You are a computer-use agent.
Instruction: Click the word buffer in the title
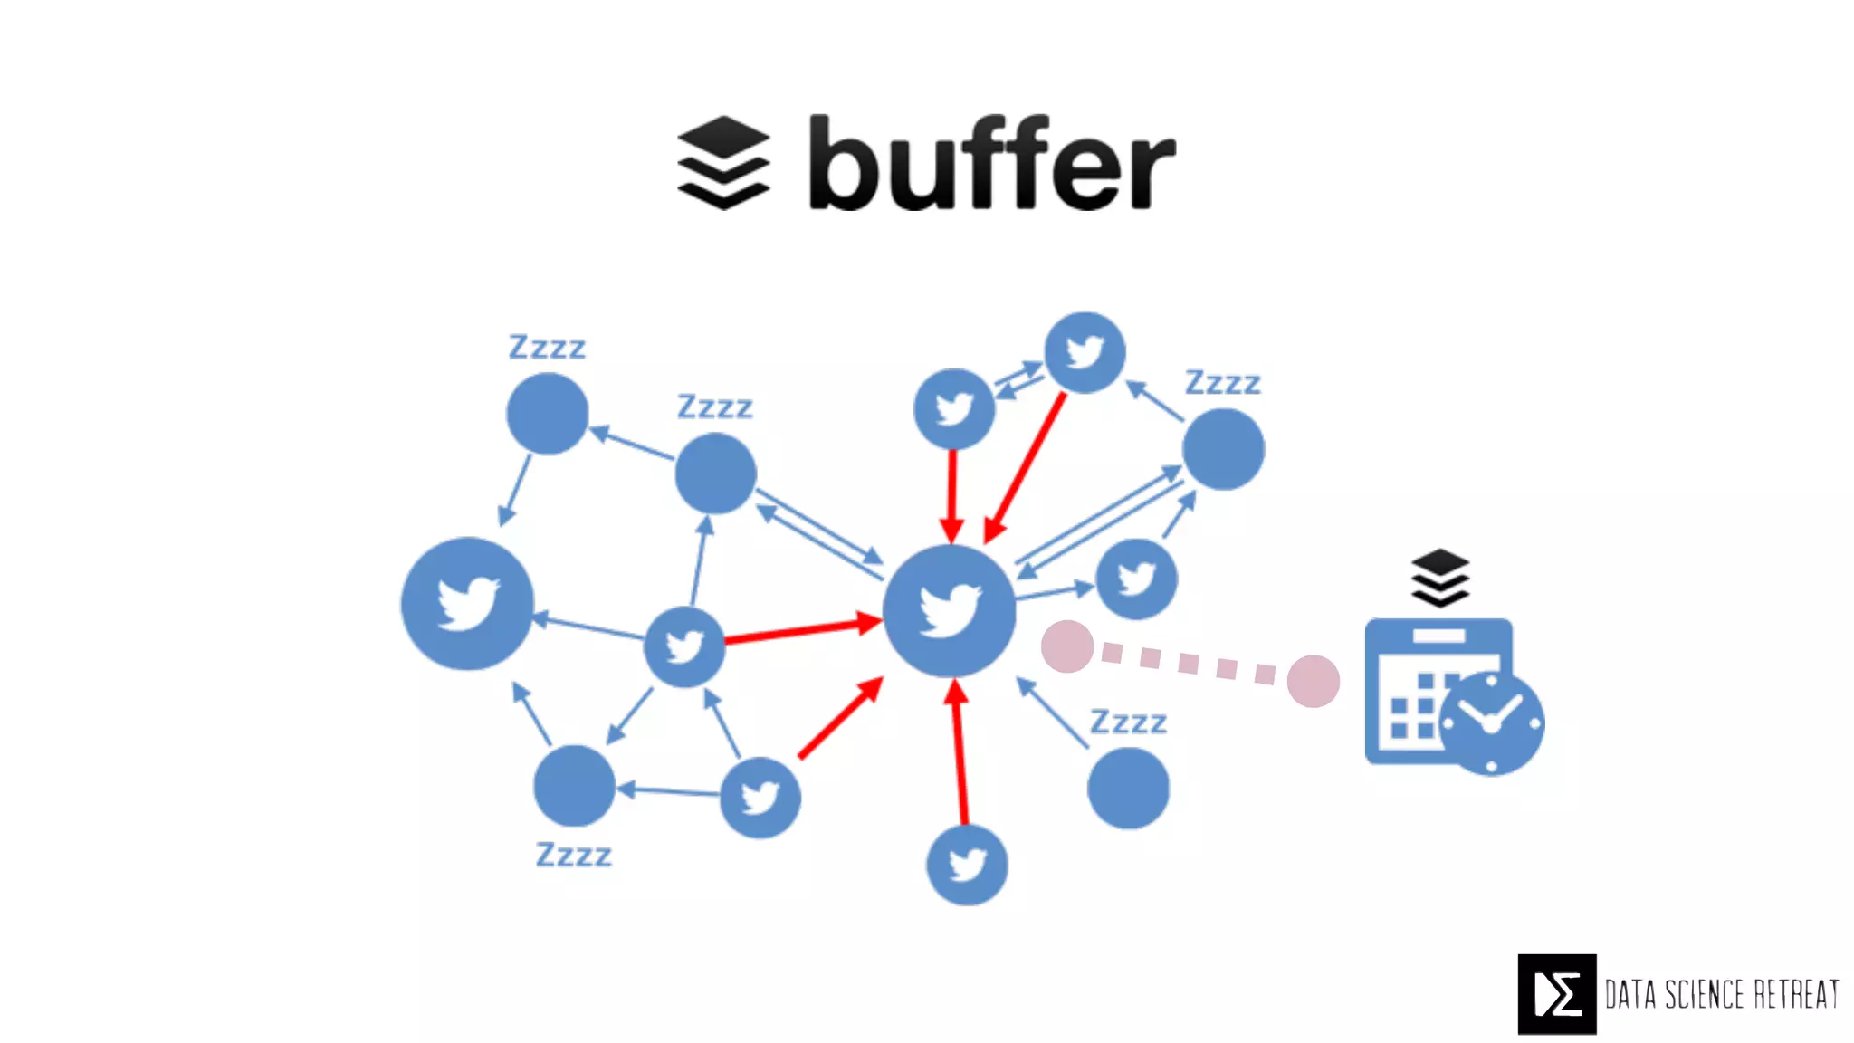click(991, 164)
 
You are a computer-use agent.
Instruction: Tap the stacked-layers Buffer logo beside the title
click(723, 163)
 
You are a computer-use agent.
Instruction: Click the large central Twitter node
click(949, 610)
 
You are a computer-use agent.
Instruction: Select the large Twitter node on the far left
click(467, 603)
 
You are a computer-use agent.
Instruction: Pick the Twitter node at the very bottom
click(967, 865)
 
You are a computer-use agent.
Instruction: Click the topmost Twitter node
click(1085, 352)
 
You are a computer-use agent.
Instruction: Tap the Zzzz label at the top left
click(547, 347)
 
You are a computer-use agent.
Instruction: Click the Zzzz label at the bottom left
click(573, 855)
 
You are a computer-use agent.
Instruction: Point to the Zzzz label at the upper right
click(1222, 383)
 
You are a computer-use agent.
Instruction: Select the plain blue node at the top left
click(547, 414)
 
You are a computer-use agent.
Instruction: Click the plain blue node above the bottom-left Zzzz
click(574, 786)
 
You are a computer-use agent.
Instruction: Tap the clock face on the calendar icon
click(1491, 722)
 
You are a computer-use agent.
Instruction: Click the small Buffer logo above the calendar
click(1439, 578)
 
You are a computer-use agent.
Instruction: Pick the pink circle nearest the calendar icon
click(1313, 681)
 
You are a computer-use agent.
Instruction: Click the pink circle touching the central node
click(1067, 646)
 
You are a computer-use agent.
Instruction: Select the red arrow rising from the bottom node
click(960, 751)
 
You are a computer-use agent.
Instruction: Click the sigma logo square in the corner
click(1557, 994)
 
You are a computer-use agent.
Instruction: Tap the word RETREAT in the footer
click(1796, 994)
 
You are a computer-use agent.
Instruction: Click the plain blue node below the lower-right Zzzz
click(1128, 788)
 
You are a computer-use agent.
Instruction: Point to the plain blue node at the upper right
click(1223, 449)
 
